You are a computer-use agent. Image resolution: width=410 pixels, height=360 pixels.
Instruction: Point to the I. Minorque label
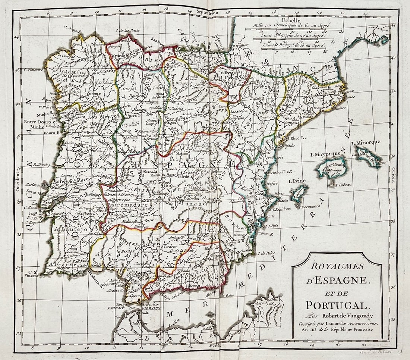pyautogui.click(x=366, y=143)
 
